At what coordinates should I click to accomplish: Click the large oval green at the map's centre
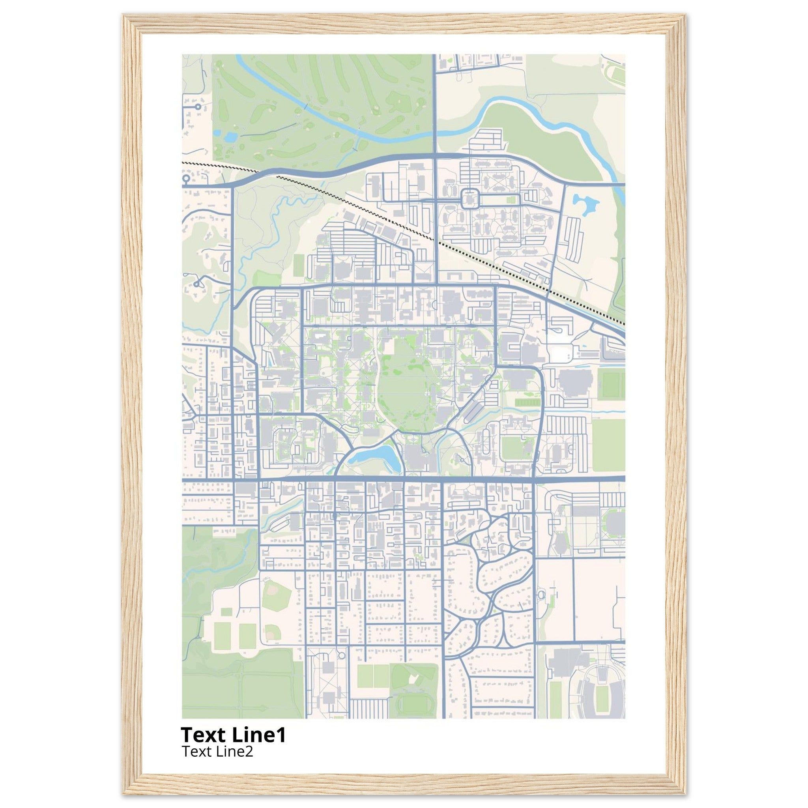[404, 385]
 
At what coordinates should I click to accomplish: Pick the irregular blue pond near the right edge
[585, 204]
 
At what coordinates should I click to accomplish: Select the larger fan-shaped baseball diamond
[276, 593]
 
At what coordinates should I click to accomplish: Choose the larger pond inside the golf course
[230, 137]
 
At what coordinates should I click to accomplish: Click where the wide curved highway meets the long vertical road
[435, 155]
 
